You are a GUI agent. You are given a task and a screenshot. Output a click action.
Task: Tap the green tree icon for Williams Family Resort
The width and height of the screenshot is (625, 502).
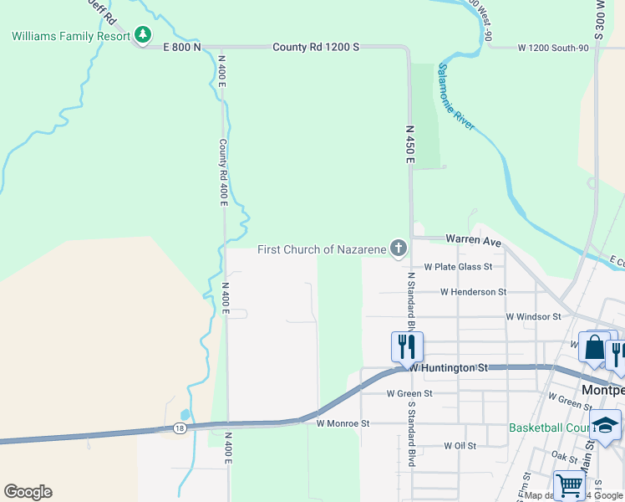[x=144, y=35]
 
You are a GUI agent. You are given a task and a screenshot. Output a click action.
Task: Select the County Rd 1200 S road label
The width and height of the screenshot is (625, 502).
[x=316, y=48]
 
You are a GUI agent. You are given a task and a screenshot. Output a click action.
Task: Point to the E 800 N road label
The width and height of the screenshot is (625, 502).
[x=175, y=48]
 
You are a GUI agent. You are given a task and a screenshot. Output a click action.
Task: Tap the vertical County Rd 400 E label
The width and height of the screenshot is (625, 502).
[x=223, y=168]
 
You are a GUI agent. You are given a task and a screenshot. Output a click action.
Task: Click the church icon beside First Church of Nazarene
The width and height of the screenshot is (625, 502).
[x=399, y=248]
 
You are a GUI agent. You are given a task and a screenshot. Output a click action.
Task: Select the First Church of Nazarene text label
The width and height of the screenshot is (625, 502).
[x=322, y=249]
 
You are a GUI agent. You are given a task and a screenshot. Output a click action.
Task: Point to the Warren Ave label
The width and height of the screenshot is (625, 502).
[x=473, y=240]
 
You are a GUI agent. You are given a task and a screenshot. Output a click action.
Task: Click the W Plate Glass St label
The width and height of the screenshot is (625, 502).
[x=458, y=267]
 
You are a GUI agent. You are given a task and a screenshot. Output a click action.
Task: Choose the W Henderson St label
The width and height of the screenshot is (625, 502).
[x=473, y=292]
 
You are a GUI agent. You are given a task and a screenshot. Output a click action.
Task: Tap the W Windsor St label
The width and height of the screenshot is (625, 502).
[x=533, y=317]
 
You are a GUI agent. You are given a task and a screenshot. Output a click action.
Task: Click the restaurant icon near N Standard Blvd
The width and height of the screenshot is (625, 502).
[x=407, y=345]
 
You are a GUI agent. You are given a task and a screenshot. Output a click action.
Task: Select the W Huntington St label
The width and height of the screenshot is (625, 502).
[x=448, y=367]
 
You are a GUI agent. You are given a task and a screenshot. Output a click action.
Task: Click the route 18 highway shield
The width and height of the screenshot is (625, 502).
[x=180, y=428]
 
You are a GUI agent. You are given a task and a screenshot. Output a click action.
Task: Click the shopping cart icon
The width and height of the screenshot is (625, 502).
[x=569, y=484]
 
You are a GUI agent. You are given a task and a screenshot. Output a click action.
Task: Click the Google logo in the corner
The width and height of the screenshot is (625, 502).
[x=28, y=492]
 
